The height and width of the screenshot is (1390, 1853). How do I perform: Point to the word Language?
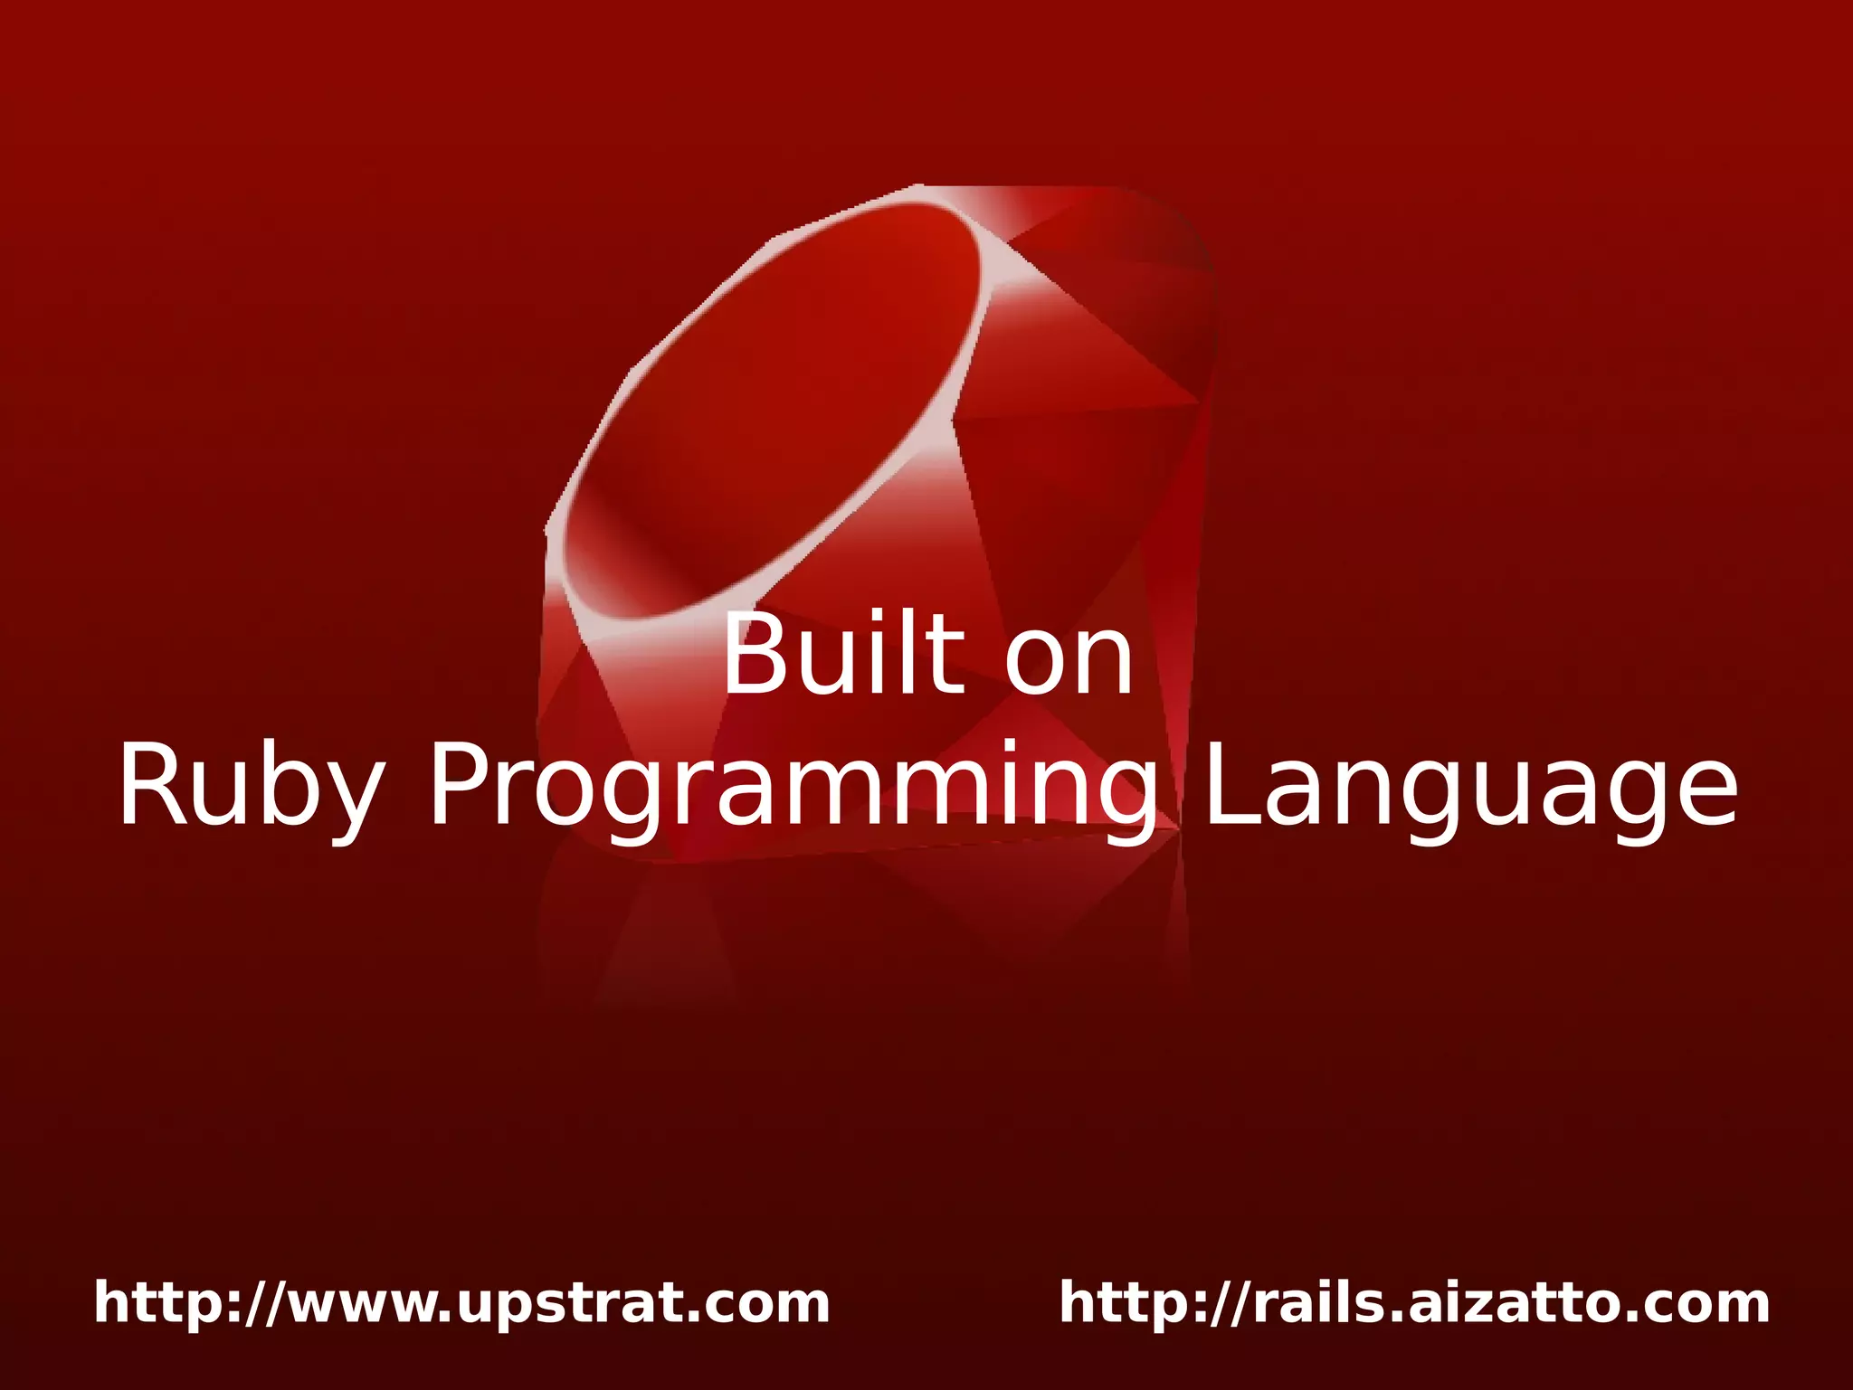point(1470,785)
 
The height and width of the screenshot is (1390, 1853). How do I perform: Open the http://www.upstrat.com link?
point(461,1303)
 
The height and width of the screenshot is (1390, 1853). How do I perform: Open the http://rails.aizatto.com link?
point(1414,1303)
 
